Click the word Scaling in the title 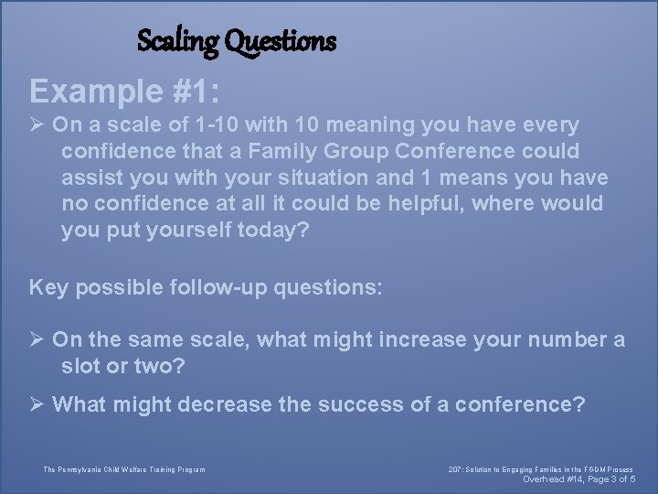[x=177, y=41]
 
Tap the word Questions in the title [x=280, y=41]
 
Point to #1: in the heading [x=199, y=91]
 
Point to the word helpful [x=425, y=203]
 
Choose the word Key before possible [x=49, y=288]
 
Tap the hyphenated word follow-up [x=210, y=288]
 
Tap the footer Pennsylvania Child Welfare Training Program [x=124, y=470]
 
